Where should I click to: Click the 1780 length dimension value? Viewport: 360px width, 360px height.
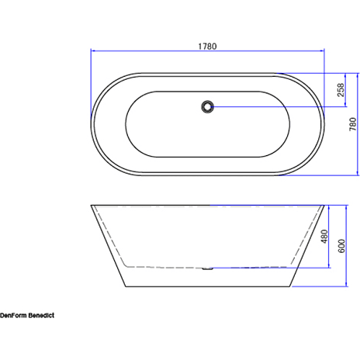point(207,47)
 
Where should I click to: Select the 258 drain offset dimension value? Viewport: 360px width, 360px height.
point(341,90)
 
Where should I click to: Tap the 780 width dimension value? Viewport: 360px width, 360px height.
point(353,124)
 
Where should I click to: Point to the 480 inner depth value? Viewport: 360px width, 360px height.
point(324,237)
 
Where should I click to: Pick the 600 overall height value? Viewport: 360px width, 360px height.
point(341,246)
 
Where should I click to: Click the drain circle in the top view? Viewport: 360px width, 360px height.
point(207,106)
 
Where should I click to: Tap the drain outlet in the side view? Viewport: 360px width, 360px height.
point(207,268)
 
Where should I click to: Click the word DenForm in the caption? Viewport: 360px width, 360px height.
point(13,316)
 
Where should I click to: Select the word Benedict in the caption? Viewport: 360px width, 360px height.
point(41,316)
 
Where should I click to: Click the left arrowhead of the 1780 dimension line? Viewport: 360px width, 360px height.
point(93,50)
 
